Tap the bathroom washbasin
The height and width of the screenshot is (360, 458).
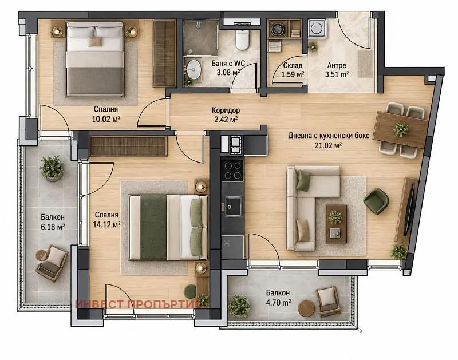pyautogui.click(x=194, y=69)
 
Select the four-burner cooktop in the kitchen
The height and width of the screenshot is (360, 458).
pyautogui.click(x=233, y=171)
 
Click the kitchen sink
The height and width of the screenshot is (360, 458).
pyautogui.click(x=233, y=207)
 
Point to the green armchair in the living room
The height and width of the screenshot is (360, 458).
pyautogui.click(x=376, y=201)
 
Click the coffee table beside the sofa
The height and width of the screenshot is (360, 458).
pyautogui.click(x=336, y=224)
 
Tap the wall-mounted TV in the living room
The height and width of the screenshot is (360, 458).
pyautogui.click(x=409, y=208)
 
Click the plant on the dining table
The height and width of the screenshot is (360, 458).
pyautogui.click(x=401, y=129)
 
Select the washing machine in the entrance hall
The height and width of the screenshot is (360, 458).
pyautogui.click(x=317, y=28)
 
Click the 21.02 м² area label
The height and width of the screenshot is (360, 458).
pyautogui.click(x=328, y=145)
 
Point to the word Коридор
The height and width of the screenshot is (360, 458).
pyautogui.click(x=226, y=110)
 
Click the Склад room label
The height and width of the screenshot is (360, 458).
pyautogui.click(x=293, y=66)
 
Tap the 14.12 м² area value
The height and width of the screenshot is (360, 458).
pyautogui.click(x=106, y=224)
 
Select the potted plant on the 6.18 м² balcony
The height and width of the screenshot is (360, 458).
pyautogui.click(x=52, y=168)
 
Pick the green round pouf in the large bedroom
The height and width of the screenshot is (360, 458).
pyautogui.click(x=190, y=291)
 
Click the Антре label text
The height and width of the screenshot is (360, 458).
pyautogui.click(x=337, y=65)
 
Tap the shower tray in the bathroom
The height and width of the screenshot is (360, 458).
pyautogui.click(x=201, y=38)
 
